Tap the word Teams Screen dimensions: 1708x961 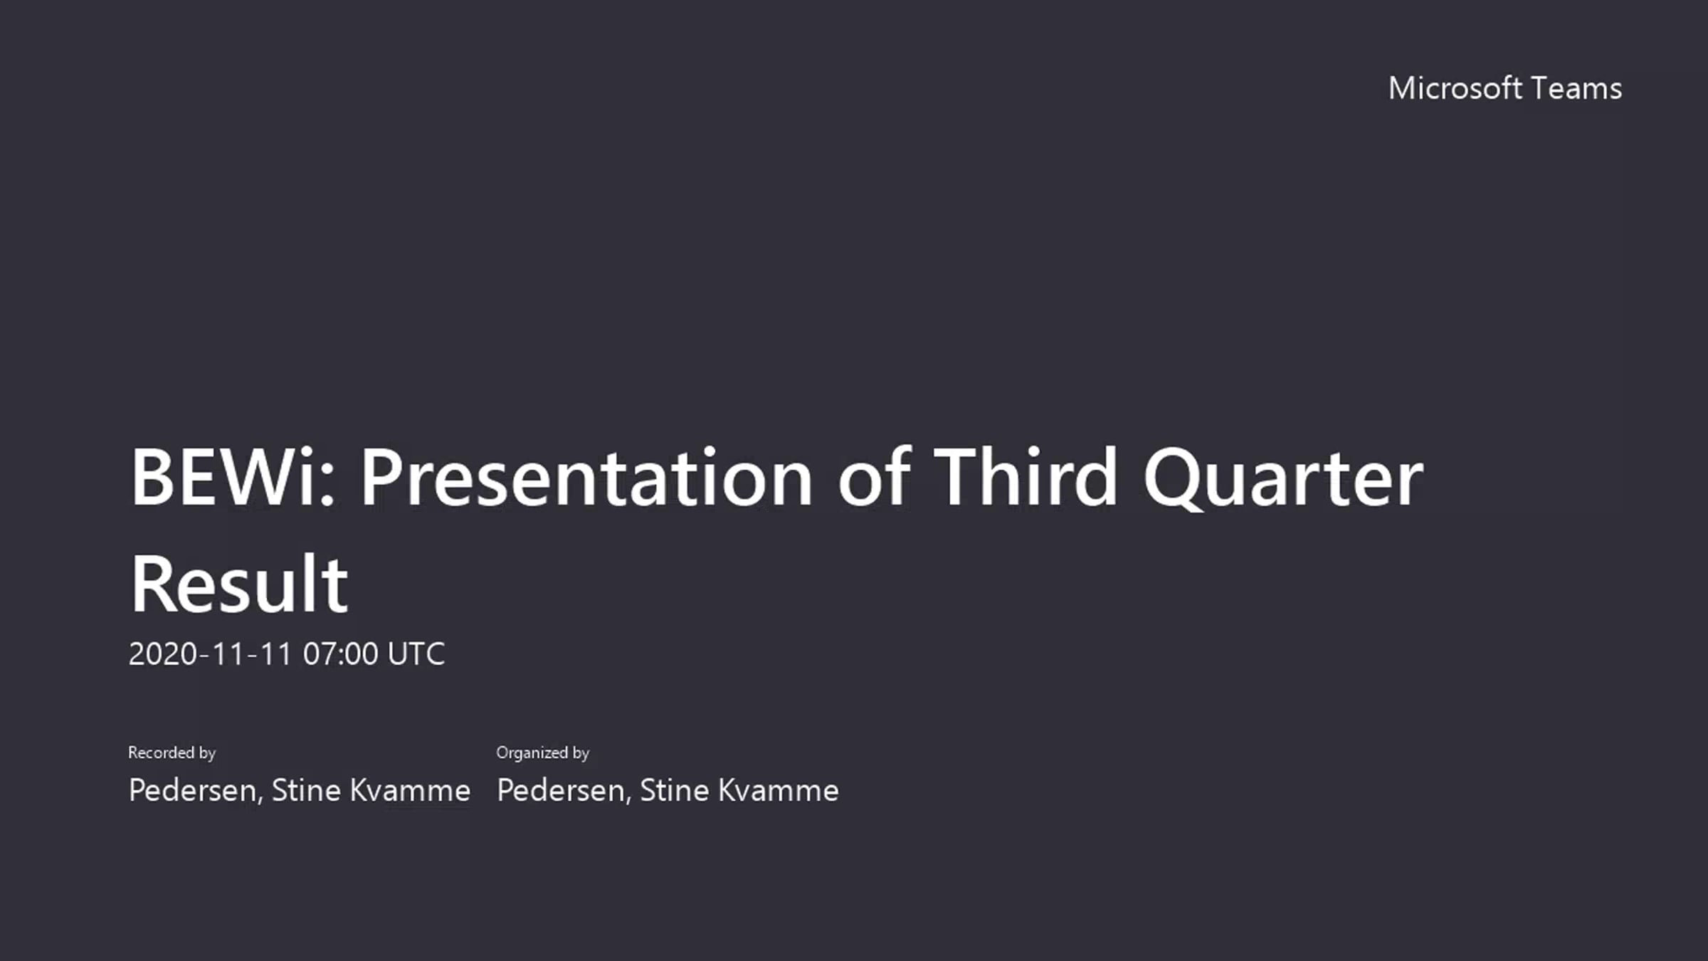[x=1576, y=88]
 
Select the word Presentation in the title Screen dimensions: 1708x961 [x=587, y=476]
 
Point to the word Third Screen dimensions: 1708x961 [x=1025, y=476]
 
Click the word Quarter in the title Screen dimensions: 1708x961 [x=1283, y=478]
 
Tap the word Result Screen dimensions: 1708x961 [x=239, y=583]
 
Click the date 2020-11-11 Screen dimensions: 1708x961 [x=211, y=653]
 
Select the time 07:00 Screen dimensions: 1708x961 [x=341, y=653]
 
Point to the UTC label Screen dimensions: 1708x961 [x=416, y=653]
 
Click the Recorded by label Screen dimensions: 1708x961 [x=172, y=752]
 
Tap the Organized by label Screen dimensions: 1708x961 [x=543, y=752]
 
